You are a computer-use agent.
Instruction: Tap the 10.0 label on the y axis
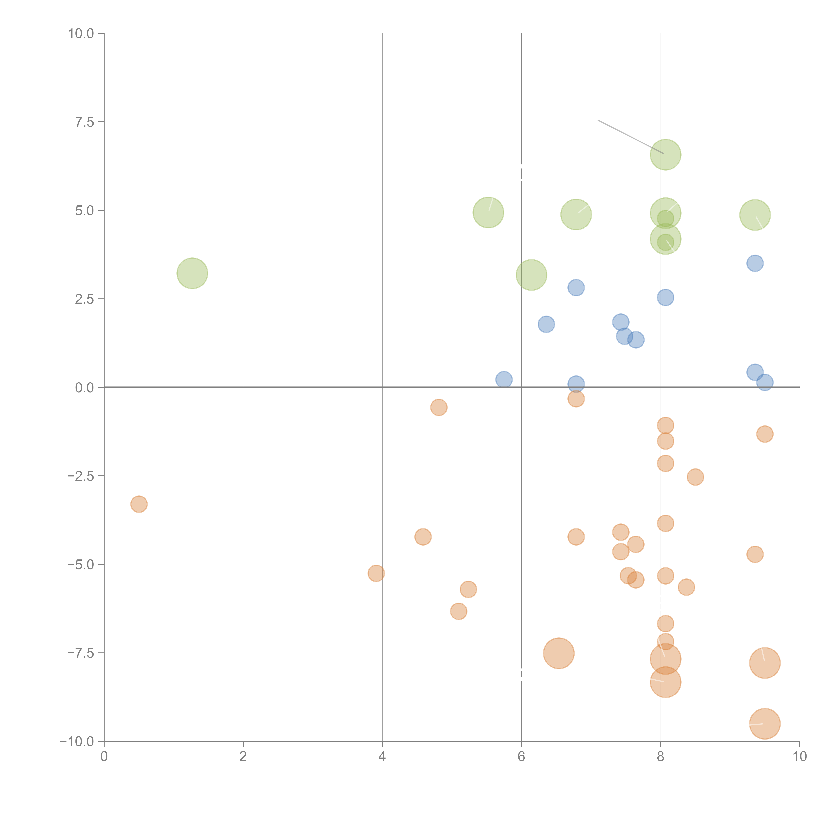pos(81,34)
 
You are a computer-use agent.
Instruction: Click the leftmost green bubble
pos(192,273)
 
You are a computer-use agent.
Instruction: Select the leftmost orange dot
pos(139,504)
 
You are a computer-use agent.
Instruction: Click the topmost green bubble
pos(665,155)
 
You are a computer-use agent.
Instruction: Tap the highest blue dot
pos(755,263)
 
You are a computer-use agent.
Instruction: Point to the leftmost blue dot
pos(504,379)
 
